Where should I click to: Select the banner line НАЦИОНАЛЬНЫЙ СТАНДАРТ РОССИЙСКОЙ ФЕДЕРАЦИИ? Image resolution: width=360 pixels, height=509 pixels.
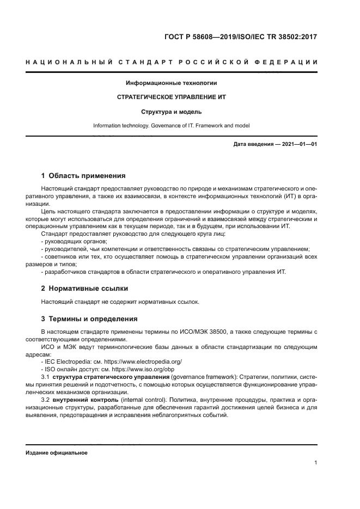[171, 62]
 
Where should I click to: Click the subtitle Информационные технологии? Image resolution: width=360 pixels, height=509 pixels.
[171, 83]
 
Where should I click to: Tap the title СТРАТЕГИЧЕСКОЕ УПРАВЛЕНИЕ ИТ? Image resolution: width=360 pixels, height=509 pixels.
[171, 97]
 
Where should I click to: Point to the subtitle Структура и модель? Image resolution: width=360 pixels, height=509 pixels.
[171, 112]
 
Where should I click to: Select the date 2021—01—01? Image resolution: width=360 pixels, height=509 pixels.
[299, 144]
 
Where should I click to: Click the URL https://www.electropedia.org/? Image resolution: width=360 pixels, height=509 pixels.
[144, 361]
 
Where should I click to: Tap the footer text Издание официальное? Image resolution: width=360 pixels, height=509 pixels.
[56, 453]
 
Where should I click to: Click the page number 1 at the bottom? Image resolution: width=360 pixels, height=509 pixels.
[316, 463]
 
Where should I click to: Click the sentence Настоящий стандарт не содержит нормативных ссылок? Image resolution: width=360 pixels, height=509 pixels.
[120, 302]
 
